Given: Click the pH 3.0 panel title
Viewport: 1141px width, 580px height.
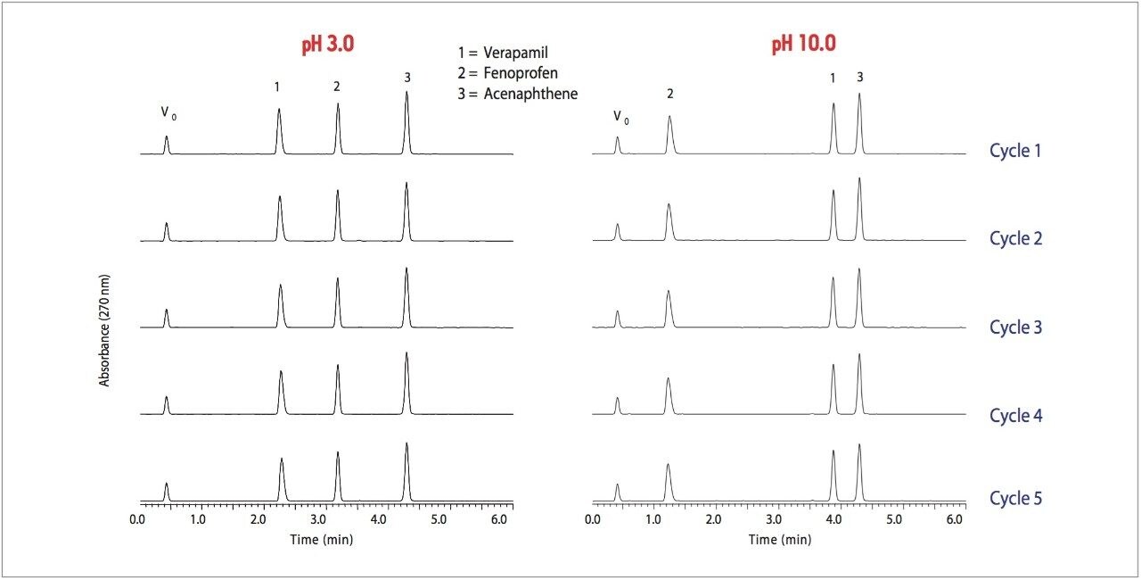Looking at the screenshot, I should coord(328,45).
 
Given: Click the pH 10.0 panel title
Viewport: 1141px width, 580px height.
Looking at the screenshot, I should coord(803,45).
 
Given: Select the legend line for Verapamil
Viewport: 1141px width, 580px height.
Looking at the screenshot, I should coord(502,53).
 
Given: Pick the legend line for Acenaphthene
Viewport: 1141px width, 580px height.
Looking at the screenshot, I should coord(516,94).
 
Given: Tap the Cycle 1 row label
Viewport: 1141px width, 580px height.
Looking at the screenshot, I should coord(1015,151).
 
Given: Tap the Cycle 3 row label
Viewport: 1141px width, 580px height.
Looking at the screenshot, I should coord(1015,327).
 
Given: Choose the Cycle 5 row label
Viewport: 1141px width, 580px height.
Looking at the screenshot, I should coord(1015,498).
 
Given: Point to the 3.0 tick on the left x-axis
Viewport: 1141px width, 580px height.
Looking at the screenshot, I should coord(318,518).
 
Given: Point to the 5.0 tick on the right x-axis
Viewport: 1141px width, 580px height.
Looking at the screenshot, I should coord(894,518).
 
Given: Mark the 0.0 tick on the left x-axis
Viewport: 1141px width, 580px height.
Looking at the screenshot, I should coord(137,518).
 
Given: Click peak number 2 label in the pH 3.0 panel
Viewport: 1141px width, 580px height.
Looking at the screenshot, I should coord(337,87).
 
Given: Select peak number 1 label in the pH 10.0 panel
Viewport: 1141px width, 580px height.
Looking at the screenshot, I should coord(833,79).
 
